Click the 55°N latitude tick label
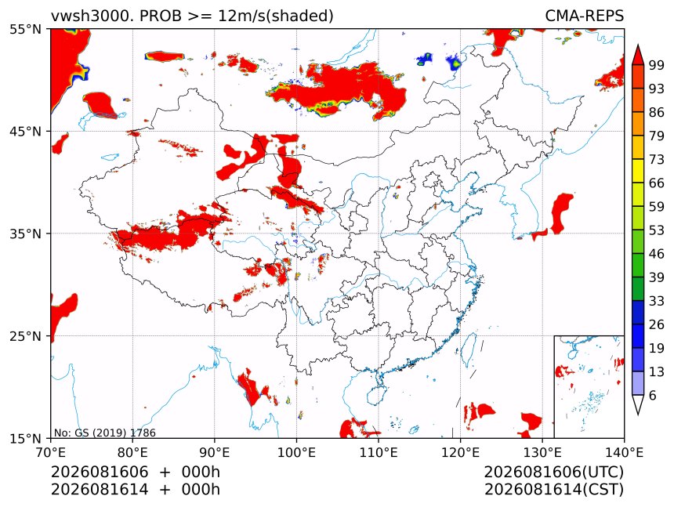pyautogui.click(x=26, y=30)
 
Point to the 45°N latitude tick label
pyautogui.click(x=26, y=132)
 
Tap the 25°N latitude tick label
pyautogui.click(x=26, y=336)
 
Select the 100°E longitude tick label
pyautogui.click(x=296, y=452)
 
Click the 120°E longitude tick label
pyautogui.click(x=460, y=452)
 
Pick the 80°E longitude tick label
pyautogui.click(x=132, y=452)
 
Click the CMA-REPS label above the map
pyautogui.click(x=584, y=16)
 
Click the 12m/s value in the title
pyautogui.click(x=239, y=16)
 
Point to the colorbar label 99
pyautogui.click(x=657, y=65)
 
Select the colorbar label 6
pyautogui.click(x=653, y=395)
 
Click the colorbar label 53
pyautogui.click(x=657, y=230)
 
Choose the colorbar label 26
pyautogui.click(x=657, y=324)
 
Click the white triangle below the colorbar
pyautogui.click(x=638, y=404)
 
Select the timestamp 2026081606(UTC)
pyautogui.click(x=553, y=472)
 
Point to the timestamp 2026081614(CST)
pyautogui.click(x=553, y=490)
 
